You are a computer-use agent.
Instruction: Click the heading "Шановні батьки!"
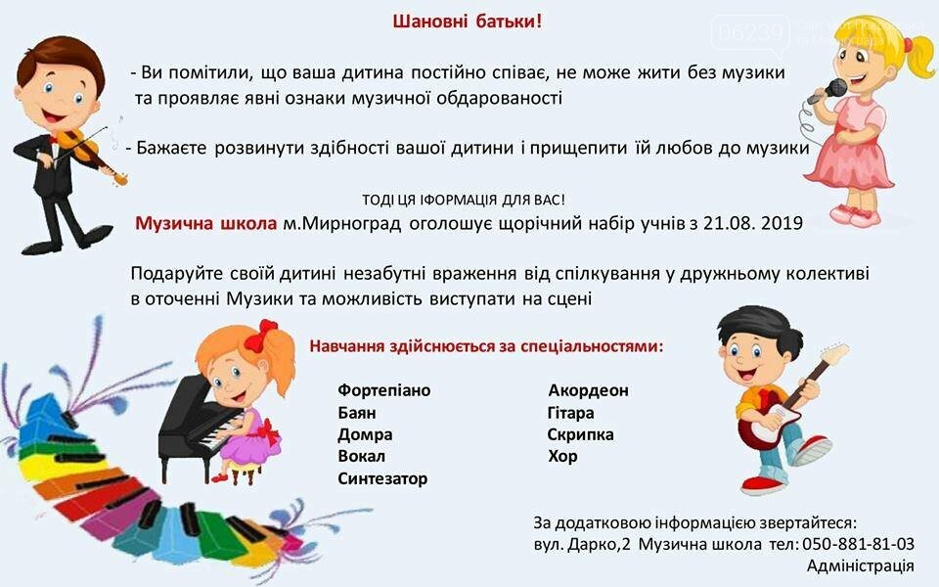(x=468, y=22)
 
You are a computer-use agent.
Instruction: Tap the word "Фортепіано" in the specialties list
(x=383, y=390)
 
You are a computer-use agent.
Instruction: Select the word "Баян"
(x=356, y=413)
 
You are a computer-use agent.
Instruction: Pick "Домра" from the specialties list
(x=365, y=434)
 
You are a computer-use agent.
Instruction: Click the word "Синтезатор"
(x=382, y=478)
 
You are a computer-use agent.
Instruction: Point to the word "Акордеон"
(x=588, y=390)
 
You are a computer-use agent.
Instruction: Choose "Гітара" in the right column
(x=570, y=413)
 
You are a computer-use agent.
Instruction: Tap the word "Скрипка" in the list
(x=580, y=434)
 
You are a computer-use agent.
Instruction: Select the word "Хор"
(x=562, y=457)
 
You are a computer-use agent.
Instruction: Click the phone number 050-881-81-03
(x=858, y=544)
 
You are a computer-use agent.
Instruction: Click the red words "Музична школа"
(x=206, y=223)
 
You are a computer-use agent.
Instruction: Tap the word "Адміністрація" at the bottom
(x=860, y=566)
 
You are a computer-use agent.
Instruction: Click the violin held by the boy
(x=90, y=154)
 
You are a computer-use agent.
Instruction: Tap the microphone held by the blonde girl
(x=827, y=92)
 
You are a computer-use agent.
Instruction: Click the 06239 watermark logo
(x=751, y=33)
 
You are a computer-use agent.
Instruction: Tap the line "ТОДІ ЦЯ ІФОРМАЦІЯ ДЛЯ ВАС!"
(x=463, y=200)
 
